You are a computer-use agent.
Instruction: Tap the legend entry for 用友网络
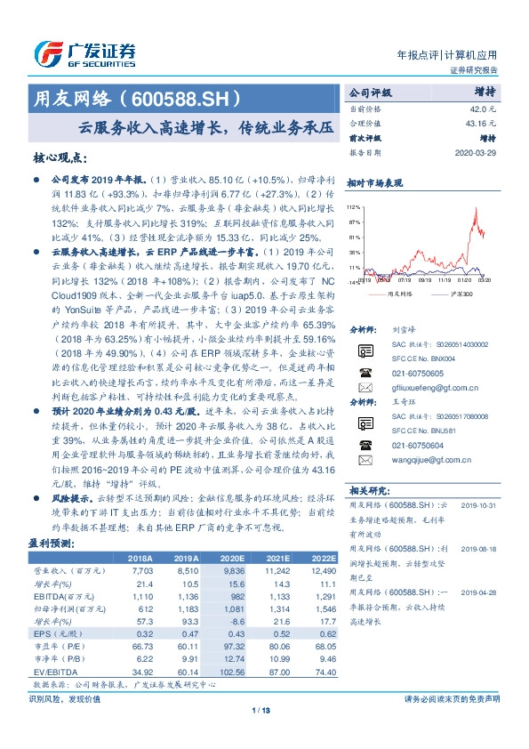pos(397,293)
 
